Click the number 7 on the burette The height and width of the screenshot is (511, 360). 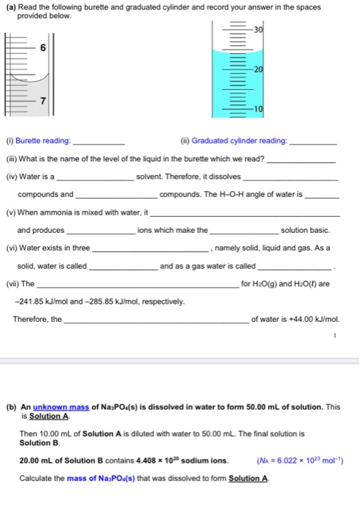(x=42, y=100)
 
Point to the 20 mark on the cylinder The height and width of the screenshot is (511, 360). (x=258, y=68)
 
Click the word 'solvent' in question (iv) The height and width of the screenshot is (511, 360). (x=151, y=177)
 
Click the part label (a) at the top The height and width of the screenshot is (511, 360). (x=10, y=7)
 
